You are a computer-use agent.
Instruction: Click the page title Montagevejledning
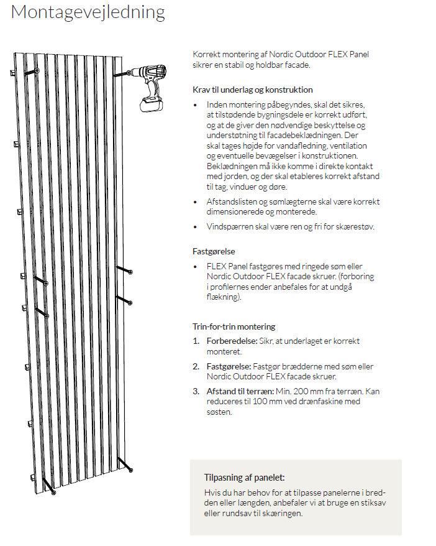point(88,13)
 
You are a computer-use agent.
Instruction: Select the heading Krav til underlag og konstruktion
point(253,90)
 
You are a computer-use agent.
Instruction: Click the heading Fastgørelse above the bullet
point(213,252)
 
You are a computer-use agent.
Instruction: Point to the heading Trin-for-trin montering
point(234,326)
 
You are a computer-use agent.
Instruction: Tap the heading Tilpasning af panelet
point(245,478)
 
